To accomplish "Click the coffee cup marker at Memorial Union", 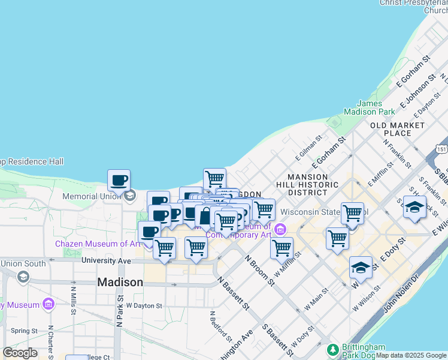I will (119, 180).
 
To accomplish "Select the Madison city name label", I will (120, 282).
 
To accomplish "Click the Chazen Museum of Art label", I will (98, 244).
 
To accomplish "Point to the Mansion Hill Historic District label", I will (307, 185).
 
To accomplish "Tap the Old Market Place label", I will (397, 129).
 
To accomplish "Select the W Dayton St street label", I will (144, 305).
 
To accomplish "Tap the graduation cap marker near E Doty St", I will (361, 268).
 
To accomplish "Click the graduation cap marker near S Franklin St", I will (414, 207).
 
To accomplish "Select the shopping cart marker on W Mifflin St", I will (281, 248).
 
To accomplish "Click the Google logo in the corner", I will (20, 352).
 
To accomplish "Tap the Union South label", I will (23, 263).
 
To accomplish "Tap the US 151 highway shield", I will (441, 148).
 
